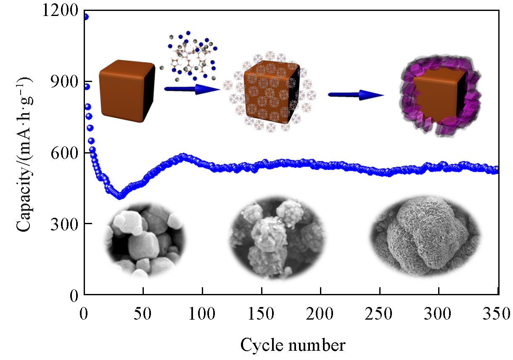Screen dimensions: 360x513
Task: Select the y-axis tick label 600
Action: click(x=65, y=153)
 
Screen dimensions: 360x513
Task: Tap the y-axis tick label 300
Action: click(x=65, y=224)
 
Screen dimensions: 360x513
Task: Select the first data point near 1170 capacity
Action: click(x=85, y=17)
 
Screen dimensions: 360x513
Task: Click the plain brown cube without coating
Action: click(x=126, y=90)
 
